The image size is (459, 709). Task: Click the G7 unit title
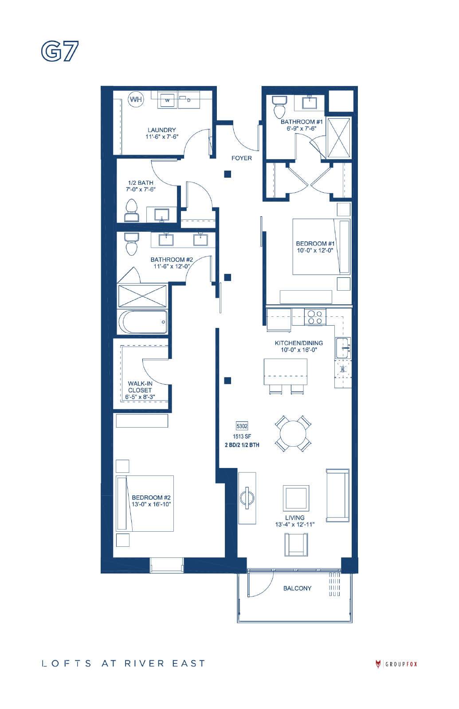[59, 51]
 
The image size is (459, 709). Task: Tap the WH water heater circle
[136, 99]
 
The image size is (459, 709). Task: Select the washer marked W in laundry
[167, 100]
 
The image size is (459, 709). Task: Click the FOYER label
[241, 158]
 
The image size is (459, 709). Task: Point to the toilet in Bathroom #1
[279, 107]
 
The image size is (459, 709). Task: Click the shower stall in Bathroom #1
[339, 137]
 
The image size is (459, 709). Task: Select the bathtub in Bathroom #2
[143, 322]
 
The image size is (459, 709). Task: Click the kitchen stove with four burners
[315, 317]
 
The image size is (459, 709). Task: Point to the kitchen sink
[343, 348]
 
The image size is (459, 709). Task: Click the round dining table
[293, 433]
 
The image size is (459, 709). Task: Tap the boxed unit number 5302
[242, 426]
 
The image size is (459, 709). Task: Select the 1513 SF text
[242, 436]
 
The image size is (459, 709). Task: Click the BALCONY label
[297, 588]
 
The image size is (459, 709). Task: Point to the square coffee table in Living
[296, 498]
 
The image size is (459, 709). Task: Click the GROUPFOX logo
[396, 664]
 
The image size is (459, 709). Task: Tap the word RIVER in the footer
[144, 663]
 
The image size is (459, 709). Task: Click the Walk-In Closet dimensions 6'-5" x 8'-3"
[140, 397]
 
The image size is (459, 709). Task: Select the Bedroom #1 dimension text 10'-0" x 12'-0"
[315, 250]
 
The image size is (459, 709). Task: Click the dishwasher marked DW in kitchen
[343, 369]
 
